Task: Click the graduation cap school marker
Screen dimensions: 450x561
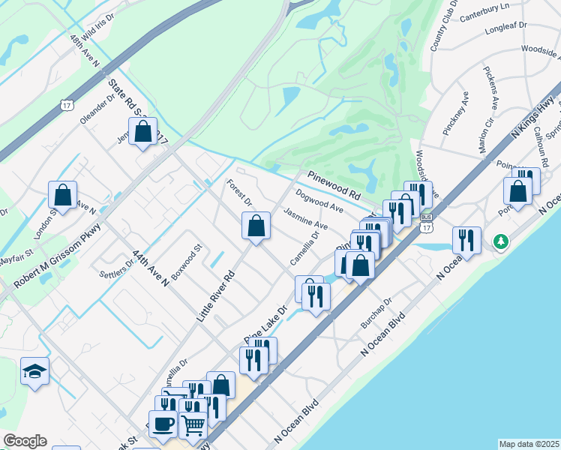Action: [x=34, y=371]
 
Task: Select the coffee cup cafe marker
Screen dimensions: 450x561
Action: [x=163, y=424]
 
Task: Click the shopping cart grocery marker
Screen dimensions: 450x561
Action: [x=193, y=425]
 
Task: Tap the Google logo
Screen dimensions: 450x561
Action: [x=25, y=441]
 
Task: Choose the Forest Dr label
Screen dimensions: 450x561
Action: [x=240, y=191]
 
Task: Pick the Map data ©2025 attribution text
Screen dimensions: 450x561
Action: [x=529, y=444]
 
